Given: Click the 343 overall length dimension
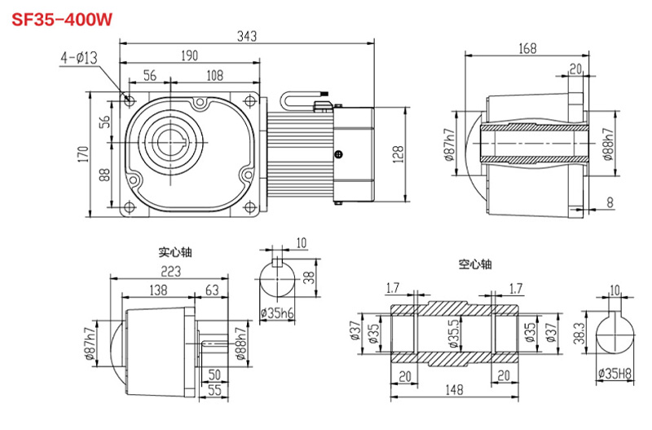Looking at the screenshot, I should (246, 35).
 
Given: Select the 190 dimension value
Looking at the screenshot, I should (188, 56).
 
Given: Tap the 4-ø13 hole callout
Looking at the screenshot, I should (79, 58).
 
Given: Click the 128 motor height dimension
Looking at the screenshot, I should (399, 153).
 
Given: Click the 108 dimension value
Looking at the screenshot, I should (214, 75).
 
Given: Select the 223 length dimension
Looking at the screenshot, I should (170, 271).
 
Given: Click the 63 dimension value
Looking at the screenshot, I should (212, 290).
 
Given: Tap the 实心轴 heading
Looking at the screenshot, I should (175, 252).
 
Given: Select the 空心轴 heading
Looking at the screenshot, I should (476, 264).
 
